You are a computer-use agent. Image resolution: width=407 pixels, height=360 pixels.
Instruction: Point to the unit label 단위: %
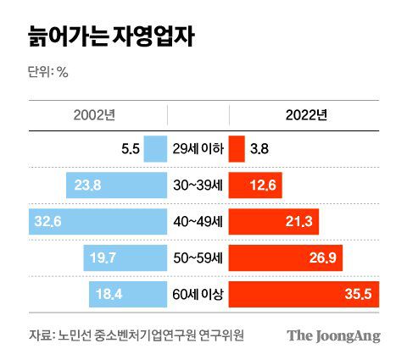pos(47,72)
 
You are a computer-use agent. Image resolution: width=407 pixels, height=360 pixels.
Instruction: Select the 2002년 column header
pos(98,116)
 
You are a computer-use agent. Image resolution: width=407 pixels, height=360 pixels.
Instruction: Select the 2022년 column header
pos(304,116)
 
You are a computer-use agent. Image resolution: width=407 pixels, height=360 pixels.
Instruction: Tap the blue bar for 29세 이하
pos(155,149)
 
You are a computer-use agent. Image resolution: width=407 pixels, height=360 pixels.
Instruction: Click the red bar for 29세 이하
pos(237,149)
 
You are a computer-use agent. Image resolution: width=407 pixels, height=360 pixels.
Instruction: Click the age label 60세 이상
pos(198,296)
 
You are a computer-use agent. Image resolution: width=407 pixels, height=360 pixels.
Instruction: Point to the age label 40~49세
pos(198,223)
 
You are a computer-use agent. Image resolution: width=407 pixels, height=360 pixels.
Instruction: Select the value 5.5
pos(131,150)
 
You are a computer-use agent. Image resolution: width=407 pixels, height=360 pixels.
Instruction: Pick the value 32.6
pos(48,223)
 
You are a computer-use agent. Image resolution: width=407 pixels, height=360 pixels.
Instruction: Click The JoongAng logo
pos(332,335)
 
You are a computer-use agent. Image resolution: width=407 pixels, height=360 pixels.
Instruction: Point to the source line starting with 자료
pos(136,335)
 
